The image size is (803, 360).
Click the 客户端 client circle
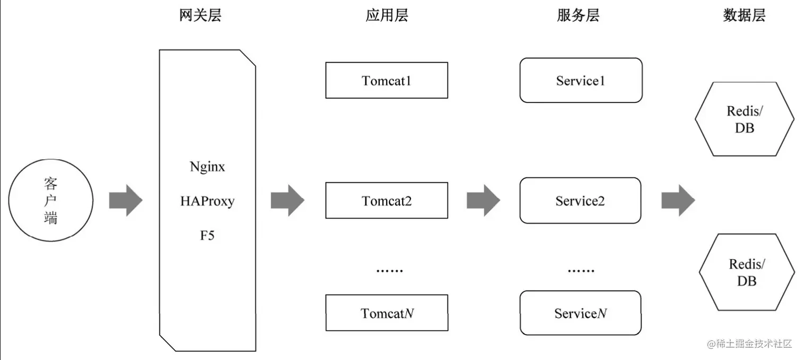coord(51,201)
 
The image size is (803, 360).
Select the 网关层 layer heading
coord(200,15)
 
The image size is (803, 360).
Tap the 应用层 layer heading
coord(387,15)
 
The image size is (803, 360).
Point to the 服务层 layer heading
coord(578,15)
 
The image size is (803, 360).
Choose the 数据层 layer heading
coord(744,15)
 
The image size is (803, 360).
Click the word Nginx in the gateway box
coord(207,167)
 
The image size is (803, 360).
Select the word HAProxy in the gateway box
coord(207,201)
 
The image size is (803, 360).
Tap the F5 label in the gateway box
coord(207,235)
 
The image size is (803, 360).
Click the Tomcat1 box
coord(387,80)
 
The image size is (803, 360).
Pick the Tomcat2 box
coord(387,201)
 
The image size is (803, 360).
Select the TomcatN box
coord(387,313)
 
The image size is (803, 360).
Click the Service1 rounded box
coord(580,80)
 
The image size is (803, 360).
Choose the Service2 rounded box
coord(580,201)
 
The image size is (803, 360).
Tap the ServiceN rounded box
coord(580,313)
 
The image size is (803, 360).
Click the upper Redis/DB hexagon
coord(744,119)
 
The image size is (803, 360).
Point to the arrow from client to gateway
coord(126,201)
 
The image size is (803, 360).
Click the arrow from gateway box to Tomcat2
coord(287,201)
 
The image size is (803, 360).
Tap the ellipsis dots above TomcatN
coord(389,271)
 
